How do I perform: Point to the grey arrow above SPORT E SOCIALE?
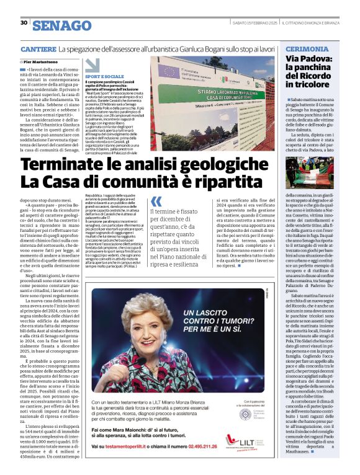tap(92, 64)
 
